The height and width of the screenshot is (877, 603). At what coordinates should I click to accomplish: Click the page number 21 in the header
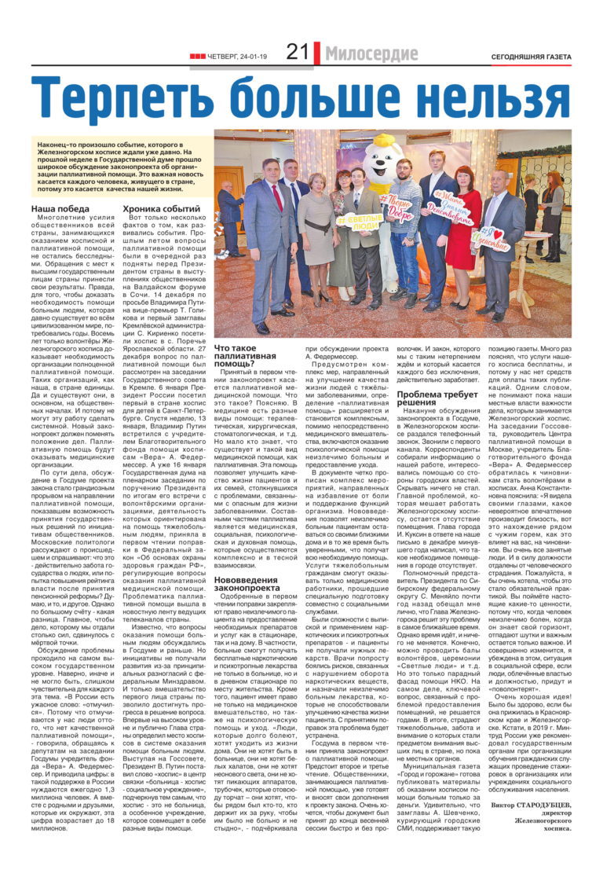[296, 53]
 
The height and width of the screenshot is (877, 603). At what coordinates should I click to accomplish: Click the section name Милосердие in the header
[371, 54]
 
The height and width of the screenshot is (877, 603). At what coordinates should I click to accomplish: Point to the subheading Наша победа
[60, 208]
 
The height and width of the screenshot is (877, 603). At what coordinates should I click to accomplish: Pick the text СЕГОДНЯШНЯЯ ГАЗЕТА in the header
[531, 57]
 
